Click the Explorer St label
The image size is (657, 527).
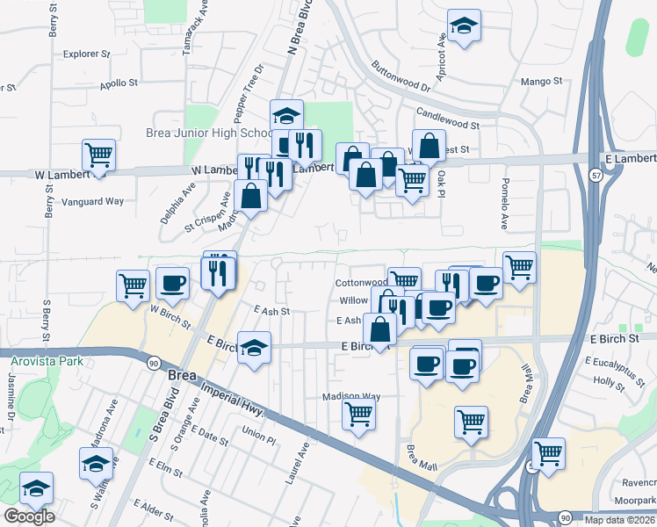[x=87, y=54]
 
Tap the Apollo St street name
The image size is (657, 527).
[x=120, y=83]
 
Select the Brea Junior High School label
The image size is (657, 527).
[x=209, y=134]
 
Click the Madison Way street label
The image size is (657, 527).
[x=351, y=396]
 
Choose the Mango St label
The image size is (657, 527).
[x=541, y=82]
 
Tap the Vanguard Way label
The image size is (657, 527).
[x=92, y=201]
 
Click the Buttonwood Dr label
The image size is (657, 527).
[x=401, y=76]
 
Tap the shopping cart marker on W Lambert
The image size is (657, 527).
[x=99, y=155]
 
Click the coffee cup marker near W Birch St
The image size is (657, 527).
[x=172, y=283]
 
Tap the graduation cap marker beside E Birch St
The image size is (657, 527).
[x=255, y=349]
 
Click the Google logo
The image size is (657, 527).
[x=29, y=516]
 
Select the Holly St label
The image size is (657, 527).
[x=608, y=382]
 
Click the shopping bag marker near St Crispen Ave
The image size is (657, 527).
[x=251, y=196]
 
